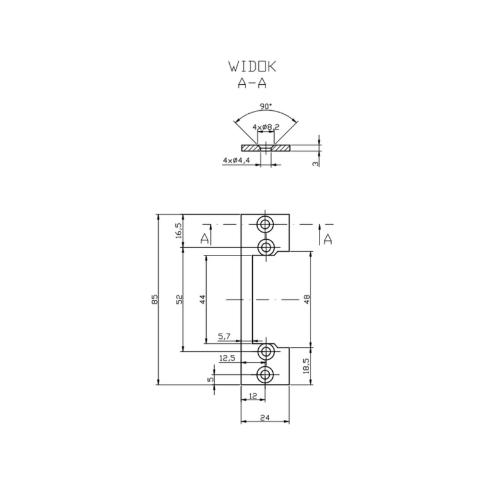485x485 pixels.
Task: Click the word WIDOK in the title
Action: click(252, 67)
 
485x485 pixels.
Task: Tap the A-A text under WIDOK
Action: click(252, 83)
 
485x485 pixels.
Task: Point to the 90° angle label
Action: click(266, 107)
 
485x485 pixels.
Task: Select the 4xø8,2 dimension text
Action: click(266, 127)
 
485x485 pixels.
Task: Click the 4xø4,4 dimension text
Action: click(236, 160)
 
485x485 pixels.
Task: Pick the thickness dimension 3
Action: click(315, 163)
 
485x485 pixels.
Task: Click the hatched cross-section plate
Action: click(266, 148)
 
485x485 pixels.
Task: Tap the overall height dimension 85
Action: click(155, 299)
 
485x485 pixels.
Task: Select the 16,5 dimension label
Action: click(179, 231)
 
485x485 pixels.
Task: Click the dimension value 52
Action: click(179, 299)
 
